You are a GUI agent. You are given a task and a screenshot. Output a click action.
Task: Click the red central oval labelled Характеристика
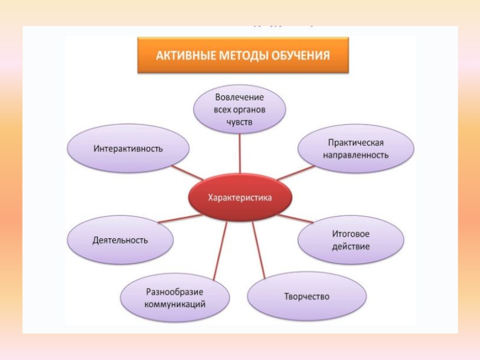click(239, 197)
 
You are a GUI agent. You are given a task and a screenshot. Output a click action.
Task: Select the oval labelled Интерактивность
click(128, 148)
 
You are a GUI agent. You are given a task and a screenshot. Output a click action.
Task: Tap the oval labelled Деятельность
click(120, 240)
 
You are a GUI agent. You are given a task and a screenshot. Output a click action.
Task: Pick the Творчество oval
click(307, 296)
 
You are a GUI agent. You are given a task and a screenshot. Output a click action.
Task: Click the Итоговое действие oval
click(350, 240)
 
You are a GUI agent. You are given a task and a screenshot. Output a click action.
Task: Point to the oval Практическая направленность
click(356, 149)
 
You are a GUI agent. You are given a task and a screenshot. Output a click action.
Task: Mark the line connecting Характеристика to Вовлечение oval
click(240, 153)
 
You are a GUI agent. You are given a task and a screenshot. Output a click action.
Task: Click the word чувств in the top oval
click(240, 122)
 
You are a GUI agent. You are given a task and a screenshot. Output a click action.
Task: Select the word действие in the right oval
click(350, 246)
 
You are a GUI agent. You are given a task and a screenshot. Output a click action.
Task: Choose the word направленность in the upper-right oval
click(356, 155)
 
